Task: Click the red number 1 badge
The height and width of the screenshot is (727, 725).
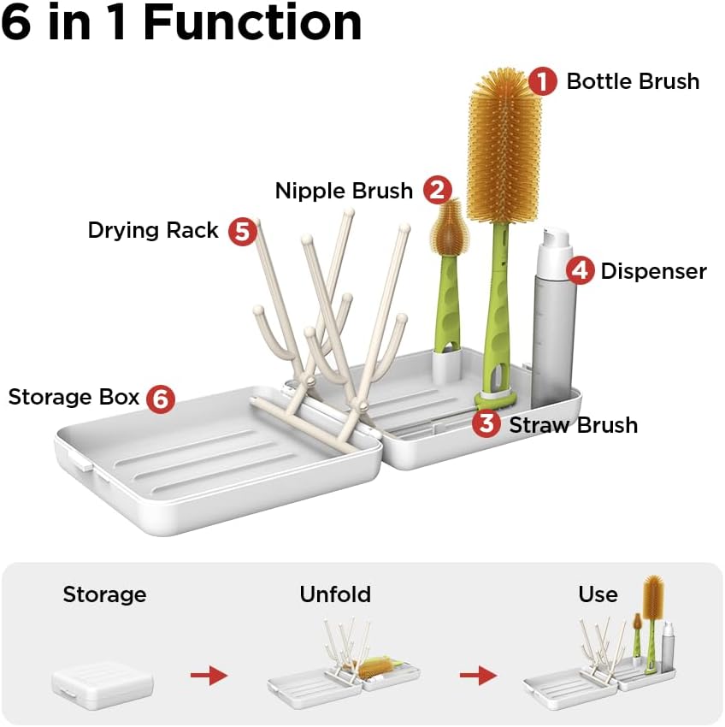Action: point(542,81)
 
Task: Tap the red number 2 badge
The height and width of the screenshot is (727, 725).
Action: point(437,190)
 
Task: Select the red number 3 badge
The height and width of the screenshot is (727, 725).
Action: point(486,423)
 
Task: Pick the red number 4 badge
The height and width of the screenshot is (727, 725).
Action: point(580,271)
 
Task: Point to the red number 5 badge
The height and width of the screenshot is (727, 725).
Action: point(243,231)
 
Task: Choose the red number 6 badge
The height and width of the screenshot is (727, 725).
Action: point(160,398)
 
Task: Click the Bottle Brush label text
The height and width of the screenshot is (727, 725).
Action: point(633,81)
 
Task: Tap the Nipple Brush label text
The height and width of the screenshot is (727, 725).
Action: point(344,190)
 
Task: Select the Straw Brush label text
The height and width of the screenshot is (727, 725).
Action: point(573,424)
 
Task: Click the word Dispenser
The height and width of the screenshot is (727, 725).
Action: point(653,271)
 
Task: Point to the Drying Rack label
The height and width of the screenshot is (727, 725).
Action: point(153,230)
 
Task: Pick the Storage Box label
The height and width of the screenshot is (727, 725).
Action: point(74,397)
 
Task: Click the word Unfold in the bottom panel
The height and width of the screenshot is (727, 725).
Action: point(335,594)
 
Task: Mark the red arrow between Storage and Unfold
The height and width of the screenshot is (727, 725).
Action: point(209,676)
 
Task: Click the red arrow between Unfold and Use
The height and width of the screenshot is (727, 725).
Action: point(478,676)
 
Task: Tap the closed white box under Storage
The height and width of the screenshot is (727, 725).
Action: point(102,683)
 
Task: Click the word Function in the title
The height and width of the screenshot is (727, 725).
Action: point(251,23)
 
